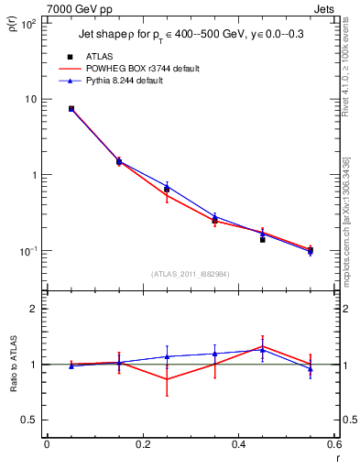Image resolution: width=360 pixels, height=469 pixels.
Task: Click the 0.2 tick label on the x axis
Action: tap(142, 445)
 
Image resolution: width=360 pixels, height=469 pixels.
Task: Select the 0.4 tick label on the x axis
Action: tap(238, 445)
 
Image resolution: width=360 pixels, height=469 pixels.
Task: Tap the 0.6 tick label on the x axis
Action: tap(333, 445)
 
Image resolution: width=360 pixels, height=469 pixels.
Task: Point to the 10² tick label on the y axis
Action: tap(29, 24)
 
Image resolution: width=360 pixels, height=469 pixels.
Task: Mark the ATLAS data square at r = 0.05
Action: tap(71, 108)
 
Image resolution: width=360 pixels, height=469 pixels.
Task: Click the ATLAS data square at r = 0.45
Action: tap(263, 239)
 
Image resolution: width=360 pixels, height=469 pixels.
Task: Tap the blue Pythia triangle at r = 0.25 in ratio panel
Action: tap(167, 356)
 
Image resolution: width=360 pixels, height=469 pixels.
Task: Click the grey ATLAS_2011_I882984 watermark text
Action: tap(189, 274)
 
